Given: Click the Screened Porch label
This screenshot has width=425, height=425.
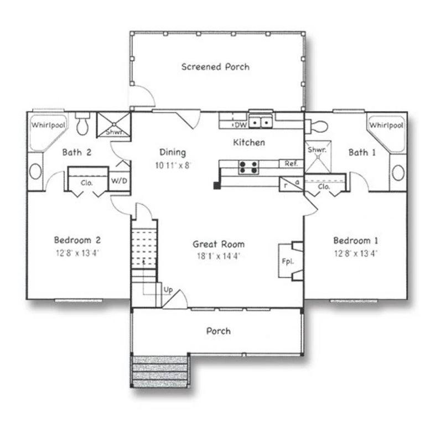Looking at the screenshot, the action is (215, 66).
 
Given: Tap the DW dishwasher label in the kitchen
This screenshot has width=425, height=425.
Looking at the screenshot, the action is (241, 125).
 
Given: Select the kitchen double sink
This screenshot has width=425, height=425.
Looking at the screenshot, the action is (261, 122).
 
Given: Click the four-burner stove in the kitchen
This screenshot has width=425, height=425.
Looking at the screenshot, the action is (248, 167).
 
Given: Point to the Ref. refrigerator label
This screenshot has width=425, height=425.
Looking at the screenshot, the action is (291, 163).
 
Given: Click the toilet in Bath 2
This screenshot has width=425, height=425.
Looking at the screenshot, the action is (82, 123).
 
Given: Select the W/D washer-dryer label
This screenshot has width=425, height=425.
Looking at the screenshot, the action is (119, 181).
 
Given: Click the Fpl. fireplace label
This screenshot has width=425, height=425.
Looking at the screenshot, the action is (288, 262).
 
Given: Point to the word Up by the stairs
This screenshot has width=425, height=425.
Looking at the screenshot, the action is (168, 290).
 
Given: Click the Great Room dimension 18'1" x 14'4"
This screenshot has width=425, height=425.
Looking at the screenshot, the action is (219, 256).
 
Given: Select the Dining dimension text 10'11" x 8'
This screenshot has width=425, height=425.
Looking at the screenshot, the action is (173, 165).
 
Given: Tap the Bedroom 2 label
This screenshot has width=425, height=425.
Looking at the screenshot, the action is (77, 240).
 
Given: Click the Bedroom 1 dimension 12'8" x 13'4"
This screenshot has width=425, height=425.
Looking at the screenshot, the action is (356, 253).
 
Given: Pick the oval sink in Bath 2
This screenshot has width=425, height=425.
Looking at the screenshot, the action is (35, 172).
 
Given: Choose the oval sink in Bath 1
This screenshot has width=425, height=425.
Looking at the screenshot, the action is (398, 173).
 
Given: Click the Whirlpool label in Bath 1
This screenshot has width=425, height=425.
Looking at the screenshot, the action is (386, 125).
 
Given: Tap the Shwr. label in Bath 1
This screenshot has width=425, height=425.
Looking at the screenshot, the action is (317, 149).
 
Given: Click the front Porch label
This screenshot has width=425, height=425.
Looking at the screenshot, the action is (219, 331).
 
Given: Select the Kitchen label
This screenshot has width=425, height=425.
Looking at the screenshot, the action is (249, 142).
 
